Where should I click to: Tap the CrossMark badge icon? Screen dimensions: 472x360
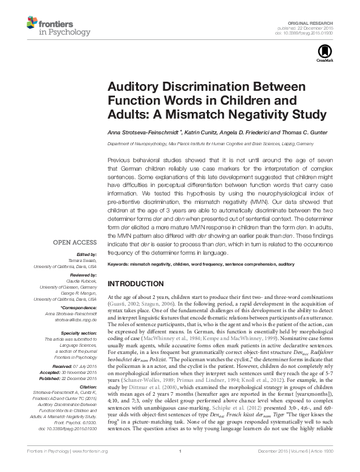pos(322,54)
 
